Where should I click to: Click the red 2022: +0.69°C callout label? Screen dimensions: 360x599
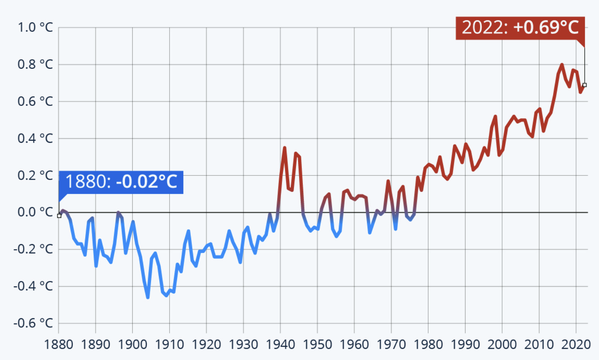coord(520,28)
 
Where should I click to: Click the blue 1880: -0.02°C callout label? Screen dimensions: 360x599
coord(121,182)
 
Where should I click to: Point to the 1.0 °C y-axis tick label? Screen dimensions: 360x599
coord(35,28)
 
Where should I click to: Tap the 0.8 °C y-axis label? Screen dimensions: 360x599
coord(35,65)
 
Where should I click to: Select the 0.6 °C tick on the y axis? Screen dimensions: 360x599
coord(35,101)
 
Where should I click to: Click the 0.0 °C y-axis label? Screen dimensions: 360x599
coord(35,212)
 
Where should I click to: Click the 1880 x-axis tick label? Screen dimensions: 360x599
coord(58,344)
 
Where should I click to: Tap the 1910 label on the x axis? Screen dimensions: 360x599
coord(169,344)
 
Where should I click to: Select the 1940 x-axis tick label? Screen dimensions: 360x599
coord(280,344)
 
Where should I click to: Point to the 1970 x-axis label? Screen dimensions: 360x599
coord(391,344)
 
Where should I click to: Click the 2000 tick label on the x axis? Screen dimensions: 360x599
coord(502,344)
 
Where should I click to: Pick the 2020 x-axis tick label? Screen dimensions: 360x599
coord(576,344)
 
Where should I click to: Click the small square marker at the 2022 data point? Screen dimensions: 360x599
coord(584,85)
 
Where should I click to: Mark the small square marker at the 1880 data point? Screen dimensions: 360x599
coord(59,216)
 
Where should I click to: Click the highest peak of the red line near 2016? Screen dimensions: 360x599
coord(562,65)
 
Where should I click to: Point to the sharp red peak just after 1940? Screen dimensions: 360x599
coord(285,148)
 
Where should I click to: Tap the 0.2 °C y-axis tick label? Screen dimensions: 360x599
coord(35,175)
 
